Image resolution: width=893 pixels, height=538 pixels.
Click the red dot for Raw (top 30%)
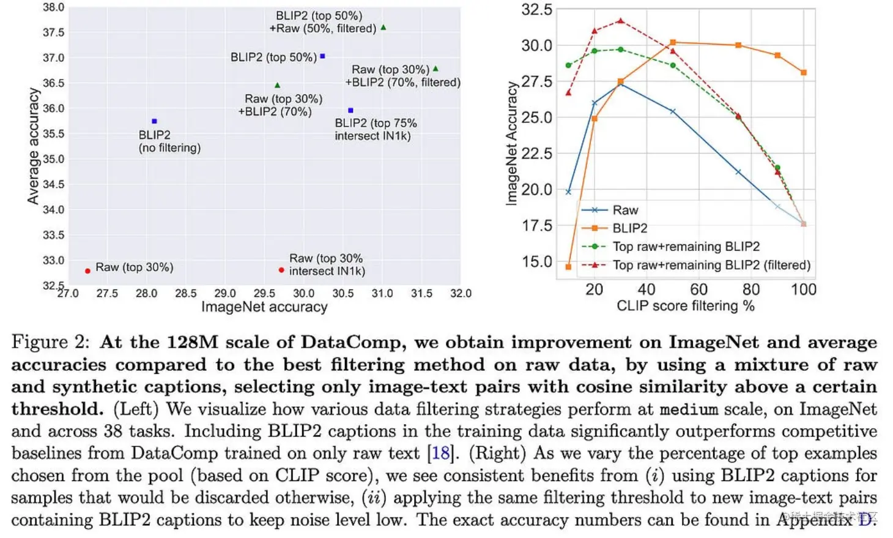(87, 271)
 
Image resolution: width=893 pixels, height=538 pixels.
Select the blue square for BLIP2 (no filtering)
(154, 121)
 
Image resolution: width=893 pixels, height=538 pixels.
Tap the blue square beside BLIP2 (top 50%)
(322, 56)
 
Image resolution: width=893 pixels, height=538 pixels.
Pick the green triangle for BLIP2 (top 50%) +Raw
(384, 28)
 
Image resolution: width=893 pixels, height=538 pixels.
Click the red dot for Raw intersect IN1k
(281, 270)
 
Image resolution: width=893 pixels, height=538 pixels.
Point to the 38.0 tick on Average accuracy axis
(53, 7)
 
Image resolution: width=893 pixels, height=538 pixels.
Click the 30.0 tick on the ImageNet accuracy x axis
(303, 294)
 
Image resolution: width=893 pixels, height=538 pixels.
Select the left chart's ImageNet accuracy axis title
(264, 307)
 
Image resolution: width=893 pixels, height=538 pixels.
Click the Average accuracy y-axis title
(33, 146)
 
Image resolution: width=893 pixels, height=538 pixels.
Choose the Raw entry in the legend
(625, 210)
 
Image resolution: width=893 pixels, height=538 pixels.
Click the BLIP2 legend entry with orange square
(629, 228)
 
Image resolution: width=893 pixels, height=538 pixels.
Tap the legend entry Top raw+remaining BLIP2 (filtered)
(711, 265)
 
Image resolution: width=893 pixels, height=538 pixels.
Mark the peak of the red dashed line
(621, 21)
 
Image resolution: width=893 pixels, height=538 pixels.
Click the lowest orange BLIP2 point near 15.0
(568, 267)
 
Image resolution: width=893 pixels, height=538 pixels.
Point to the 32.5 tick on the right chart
(536, 10)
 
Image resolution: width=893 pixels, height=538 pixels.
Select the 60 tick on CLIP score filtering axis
(698, 290)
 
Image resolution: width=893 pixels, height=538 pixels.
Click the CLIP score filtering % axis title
(685, 306)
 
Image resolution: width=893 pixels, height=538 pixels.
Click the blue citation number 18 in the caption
(440, 454)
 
